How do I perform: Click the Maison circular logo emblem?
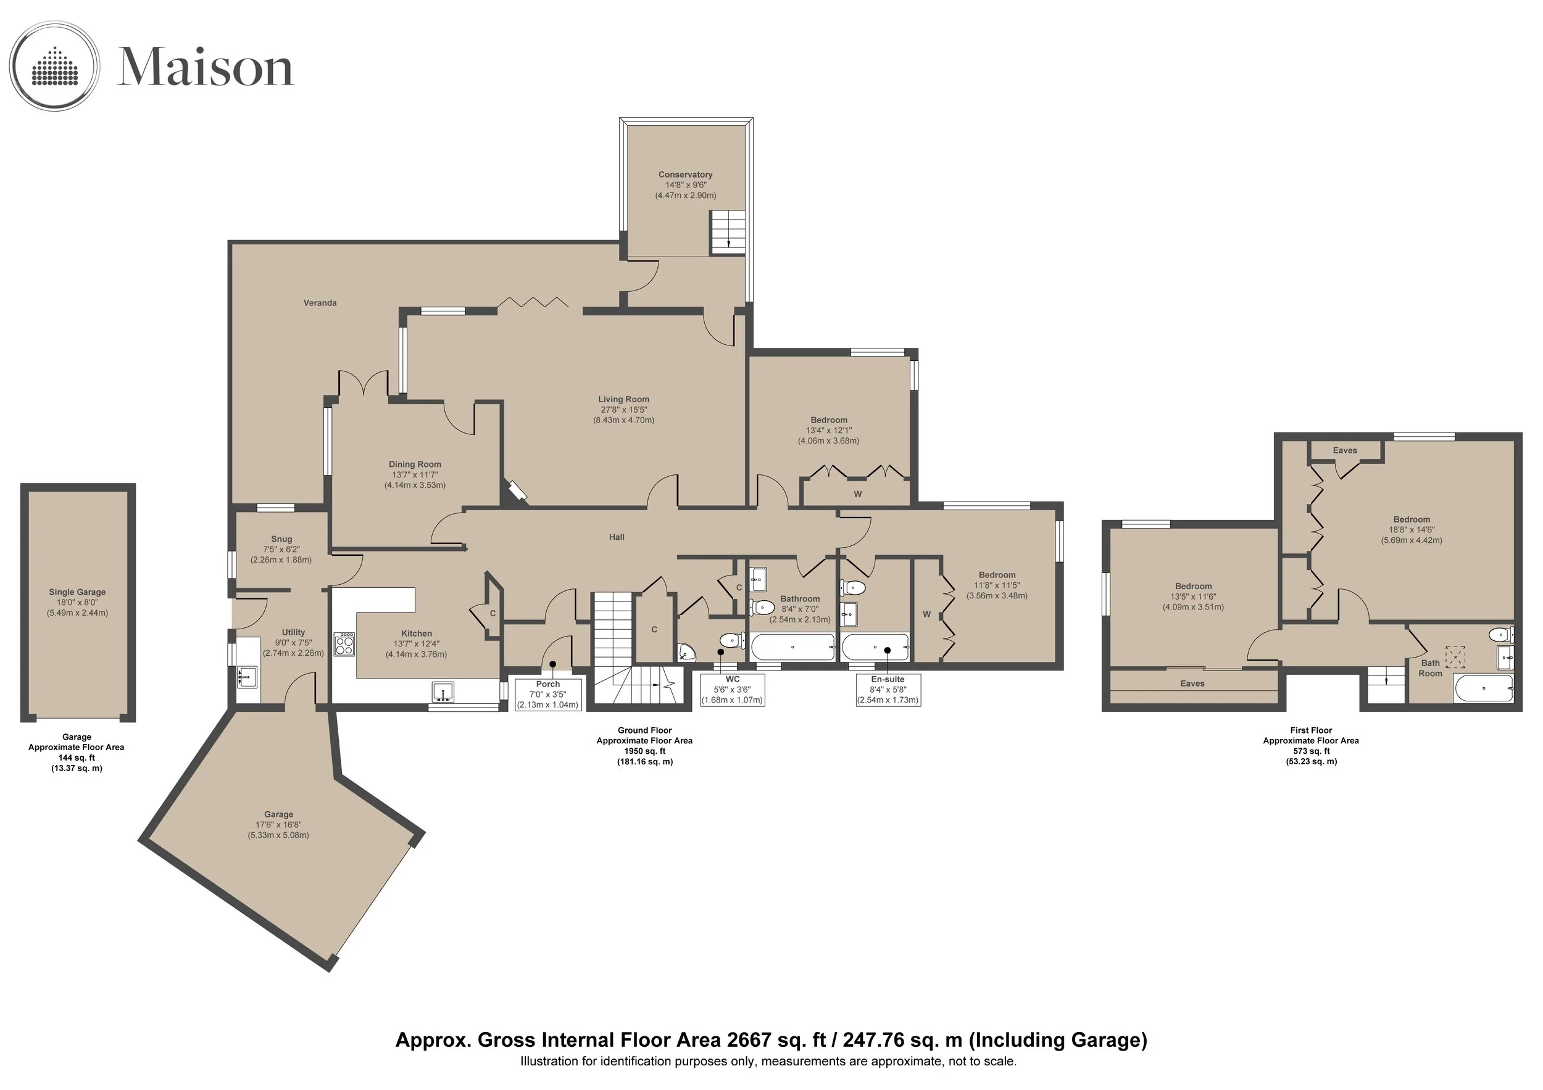[54, 66]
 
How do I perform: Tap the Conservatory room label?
[686, 175]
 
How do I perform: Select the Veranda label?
[320, 303]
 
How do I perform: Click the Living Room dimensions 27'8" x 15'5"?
[623, 410]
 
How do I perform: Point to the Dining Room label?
[415, 464]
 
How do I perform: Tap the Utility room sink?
[247, 676]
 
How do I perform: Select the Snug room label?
[281, 539]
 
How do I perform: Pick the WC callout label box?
[732, 690]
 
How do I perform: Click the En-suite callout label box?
[888, 690]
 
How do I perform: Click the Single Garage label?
[77, 592]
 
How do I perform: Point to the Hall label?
[617, 537]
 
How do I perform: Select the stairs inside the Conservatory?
[728, 233]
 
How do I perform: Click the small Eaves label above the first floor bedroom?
[1345, 451]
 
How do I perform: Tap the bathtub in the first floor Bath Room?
[1484, 688]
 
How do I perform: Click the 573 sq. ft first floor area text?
[1311, 751]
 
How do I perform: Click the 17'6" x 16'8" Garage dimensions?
[278, 825]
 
